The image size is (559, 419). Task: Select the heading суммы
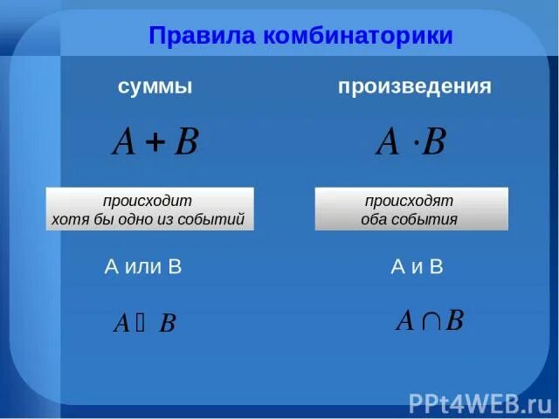[155, 86]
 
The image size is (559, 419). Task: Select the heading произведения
[415, 86]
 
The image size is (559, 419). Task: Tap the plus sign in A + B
[155, 143]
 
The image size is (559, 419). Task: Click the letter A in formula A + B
[124, 142]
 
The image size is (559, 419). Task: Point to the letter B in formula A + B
[186, 142]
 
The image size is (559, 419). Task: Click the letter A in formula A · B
[388, 142]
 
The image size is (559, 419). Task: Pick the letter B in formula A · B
[434, 142]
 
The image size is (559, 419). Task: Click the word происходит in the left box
[150, 201]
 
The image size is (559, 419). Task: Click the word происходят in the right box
[409, 201]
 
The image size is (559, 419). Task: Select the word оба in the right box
[374, 219]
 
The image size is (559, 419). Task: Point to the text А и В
[417, 267]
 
